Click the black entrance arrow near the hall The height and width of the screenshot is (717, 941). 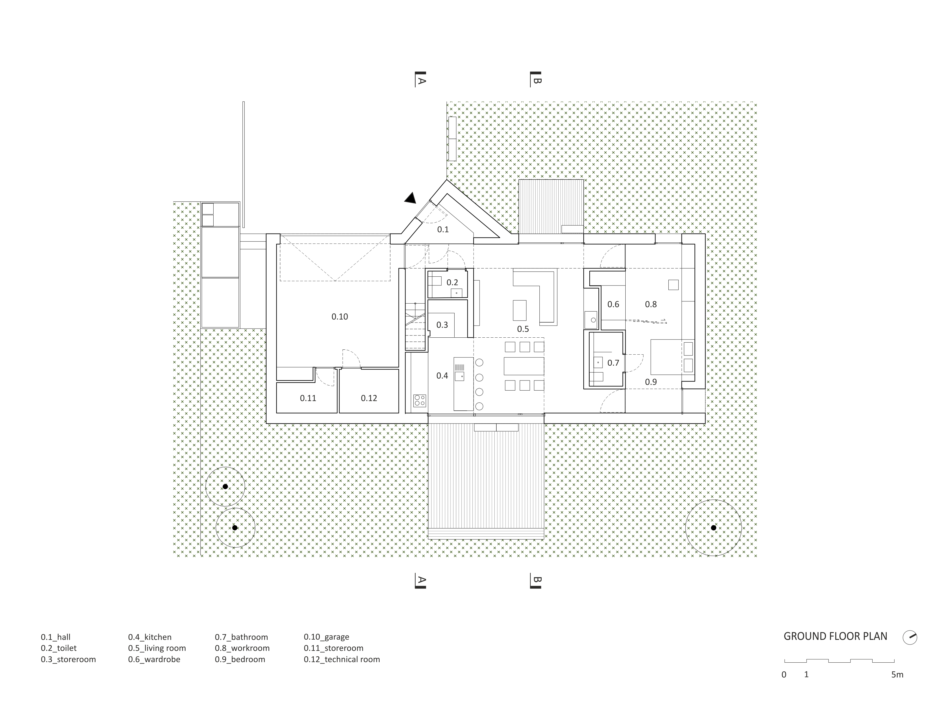[x=411, y=198]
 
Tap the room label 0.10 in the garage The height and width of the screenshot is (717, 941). [x=340, y=317]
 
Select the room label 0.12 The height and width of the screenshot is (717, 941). [x=369, y=398]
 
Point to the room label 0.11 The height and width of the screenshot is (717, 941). [x=308, y=398]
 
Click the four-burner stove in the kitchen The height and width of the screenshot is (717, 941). [x=419, y=400]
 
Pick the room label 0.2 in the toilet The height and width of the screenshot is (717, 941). [x=452, y=282]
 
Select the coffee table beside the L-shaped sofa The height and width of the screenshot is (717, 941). [x=519, y=310]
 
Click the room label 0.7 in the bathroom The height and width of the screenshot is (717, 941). [x=613, y=363]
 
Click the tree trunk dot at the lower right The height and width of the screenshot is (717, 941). [x=713, y=528]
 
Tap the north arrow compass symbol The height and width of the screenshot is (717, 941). [x=910, y=637]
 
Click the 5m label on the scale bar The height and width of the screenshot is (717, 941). [x=897, y=675]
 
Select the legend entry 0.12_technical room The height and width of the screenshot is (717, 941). [x=341, y=659]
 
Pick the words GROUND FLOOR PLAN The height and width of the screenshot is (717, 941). [x=835, y=636]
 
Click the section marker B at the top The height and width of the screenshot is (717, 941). [x=536, y=80]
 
